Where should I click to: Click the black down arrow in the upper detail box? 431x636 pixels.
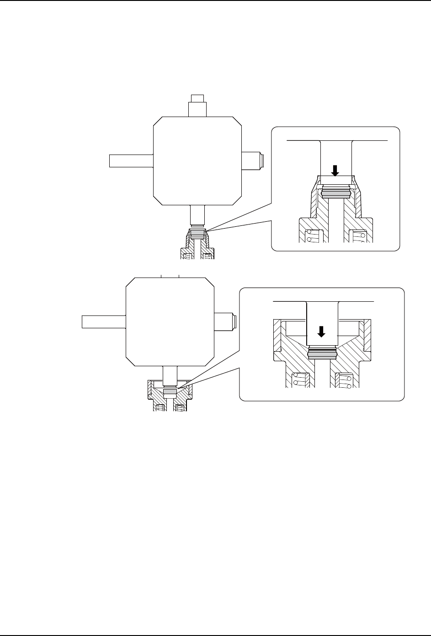[335, 171]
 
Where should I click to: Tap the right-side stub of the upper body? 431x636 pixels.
[251, 160]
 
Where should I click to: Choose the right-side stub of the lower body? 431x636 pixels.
[225, 321]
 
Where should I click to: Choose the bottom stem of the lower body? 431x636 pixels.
[170, 376]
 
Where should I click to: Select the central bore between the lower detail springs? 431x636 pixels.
[323, 375]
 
